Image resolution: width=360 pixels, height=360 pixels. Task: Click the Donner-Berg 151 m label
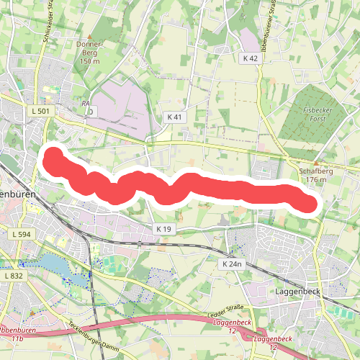(x=91, y=53)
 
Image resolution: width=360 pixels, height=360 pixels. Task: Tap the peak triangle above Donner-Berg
(x=90, y=36)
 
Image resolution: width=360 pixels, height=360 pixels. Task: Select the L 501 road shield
(x=40, y=112)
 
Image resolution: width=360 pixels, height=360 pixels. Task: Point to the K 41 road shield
(x=174, y=117)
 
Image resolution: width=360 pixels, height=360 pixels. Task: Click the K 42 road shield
(x=250, y=58)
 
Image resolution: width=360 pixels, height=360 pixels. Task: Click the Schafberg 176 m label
(x=312, y=175)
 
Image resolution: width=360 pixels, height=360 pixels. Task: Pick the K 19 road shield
(x=165, y=228)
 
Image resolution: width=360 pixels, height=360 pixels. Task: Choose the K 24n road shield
(x=232, y=264)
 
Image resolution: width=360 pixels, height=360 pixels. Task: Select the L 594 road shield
(x=22, y=234)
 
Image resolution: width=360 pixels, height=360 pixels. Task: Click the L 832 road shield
(x=14, y=276)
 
